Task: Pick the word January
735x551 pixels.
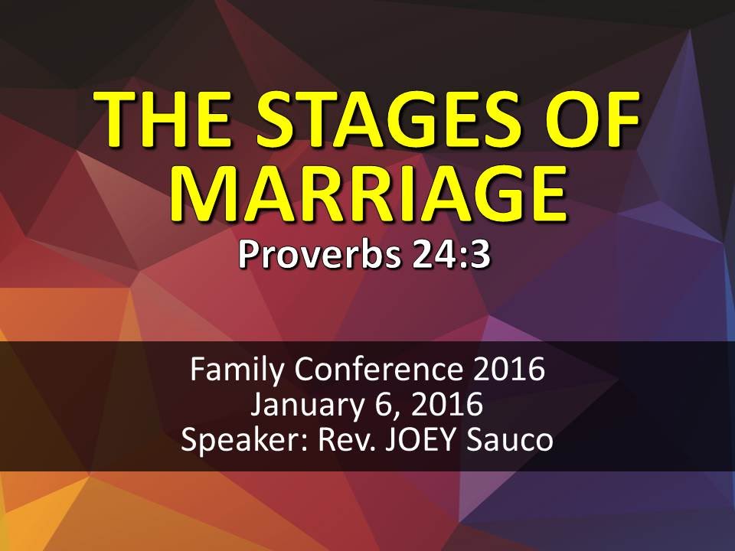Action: point(304,406)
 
